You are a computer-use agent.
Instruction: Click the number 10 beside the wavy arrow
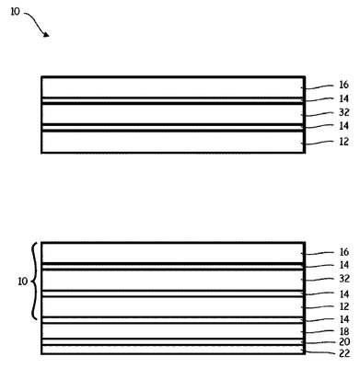point(15,12)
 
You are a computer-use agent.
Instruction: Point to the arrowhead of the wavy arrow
point(46,34)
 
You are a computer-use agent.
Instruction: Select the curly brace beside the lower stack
point(34,282)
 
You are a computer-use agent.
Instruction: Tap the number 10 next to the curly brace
point(23,282)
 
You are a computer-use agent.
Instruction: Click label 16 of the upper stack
point(344,85)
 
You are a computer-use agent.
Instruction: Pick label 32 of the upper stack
point(344,112)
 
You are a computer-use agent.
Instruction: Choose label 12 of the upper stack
point(344,142)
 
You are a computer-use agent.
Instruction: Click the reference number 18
point(344,331)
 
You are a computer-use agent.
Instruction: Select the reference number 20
point(344,341)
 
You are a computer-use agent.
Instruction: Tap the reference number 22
point(344,353)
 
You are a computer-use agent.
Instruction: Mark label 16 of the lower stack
point(344,252)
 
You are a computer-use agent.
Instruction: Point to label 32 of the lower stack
point(344,279)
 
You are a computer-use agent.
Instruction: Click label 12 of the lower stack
point(344,306)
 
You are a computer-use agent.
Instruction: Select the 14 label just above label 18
point(344,319)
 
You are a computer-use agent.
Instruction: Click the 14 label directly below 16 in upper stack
point(344,98)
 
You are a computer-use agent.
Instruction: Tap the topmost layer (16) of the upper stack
point(173,87)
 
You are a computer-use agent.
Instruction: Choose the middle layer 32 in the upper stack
point(173,114)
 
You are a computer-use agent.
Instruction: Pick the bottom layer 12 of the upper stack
point(173,142)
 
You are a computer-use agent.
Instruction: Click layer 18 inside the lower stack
point(173,331)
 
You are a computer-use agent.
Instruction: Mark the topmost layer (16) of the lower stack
point(173,253)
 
